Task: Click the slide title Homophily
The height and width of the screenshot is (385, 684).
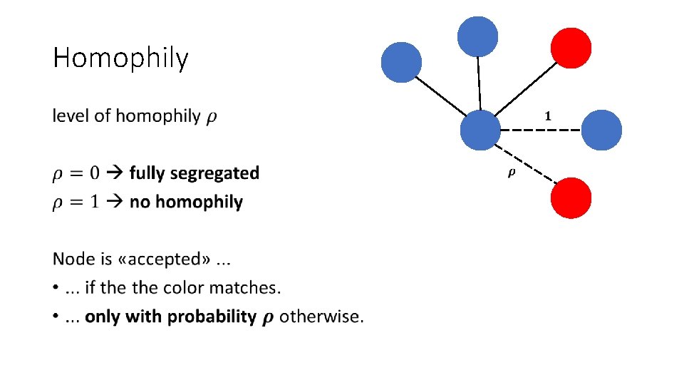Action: click(x=120, y=58)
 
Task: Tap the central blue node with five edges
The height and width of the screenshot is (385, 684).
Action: click(x=480, y=130)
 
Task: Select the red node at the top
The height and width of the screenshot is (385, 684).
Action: click(x=571, y=48)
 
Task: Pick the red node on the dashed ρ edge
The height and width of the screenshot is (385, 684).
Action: click(x=571, y=197)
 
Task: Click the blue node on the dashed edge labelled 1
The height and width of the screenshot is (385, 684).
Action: click(x=602, y=130)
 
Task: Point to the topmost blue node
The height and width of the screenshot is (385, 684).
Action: click(x=477, y=36)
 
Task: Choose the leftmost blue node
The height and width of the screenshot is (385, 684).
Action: click(x=402, y=62)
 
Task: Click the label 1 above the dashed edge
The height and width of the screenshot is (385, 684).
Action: click(x=547, y=115)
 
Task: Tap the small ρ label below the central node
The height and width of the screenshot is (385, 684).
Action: click(x=511, y=173)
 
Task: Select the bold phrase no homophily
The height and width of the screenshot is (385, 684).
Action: click(x=186, y=202)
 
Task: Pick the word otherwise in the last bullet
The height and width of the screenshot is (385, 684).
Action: click(x=321, y=317)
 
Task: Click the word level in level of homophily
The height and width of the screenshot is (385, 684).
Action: click(x=71, y=115)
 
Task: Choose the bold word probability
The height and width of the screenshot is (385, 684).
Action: click(x=212, y=317)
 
